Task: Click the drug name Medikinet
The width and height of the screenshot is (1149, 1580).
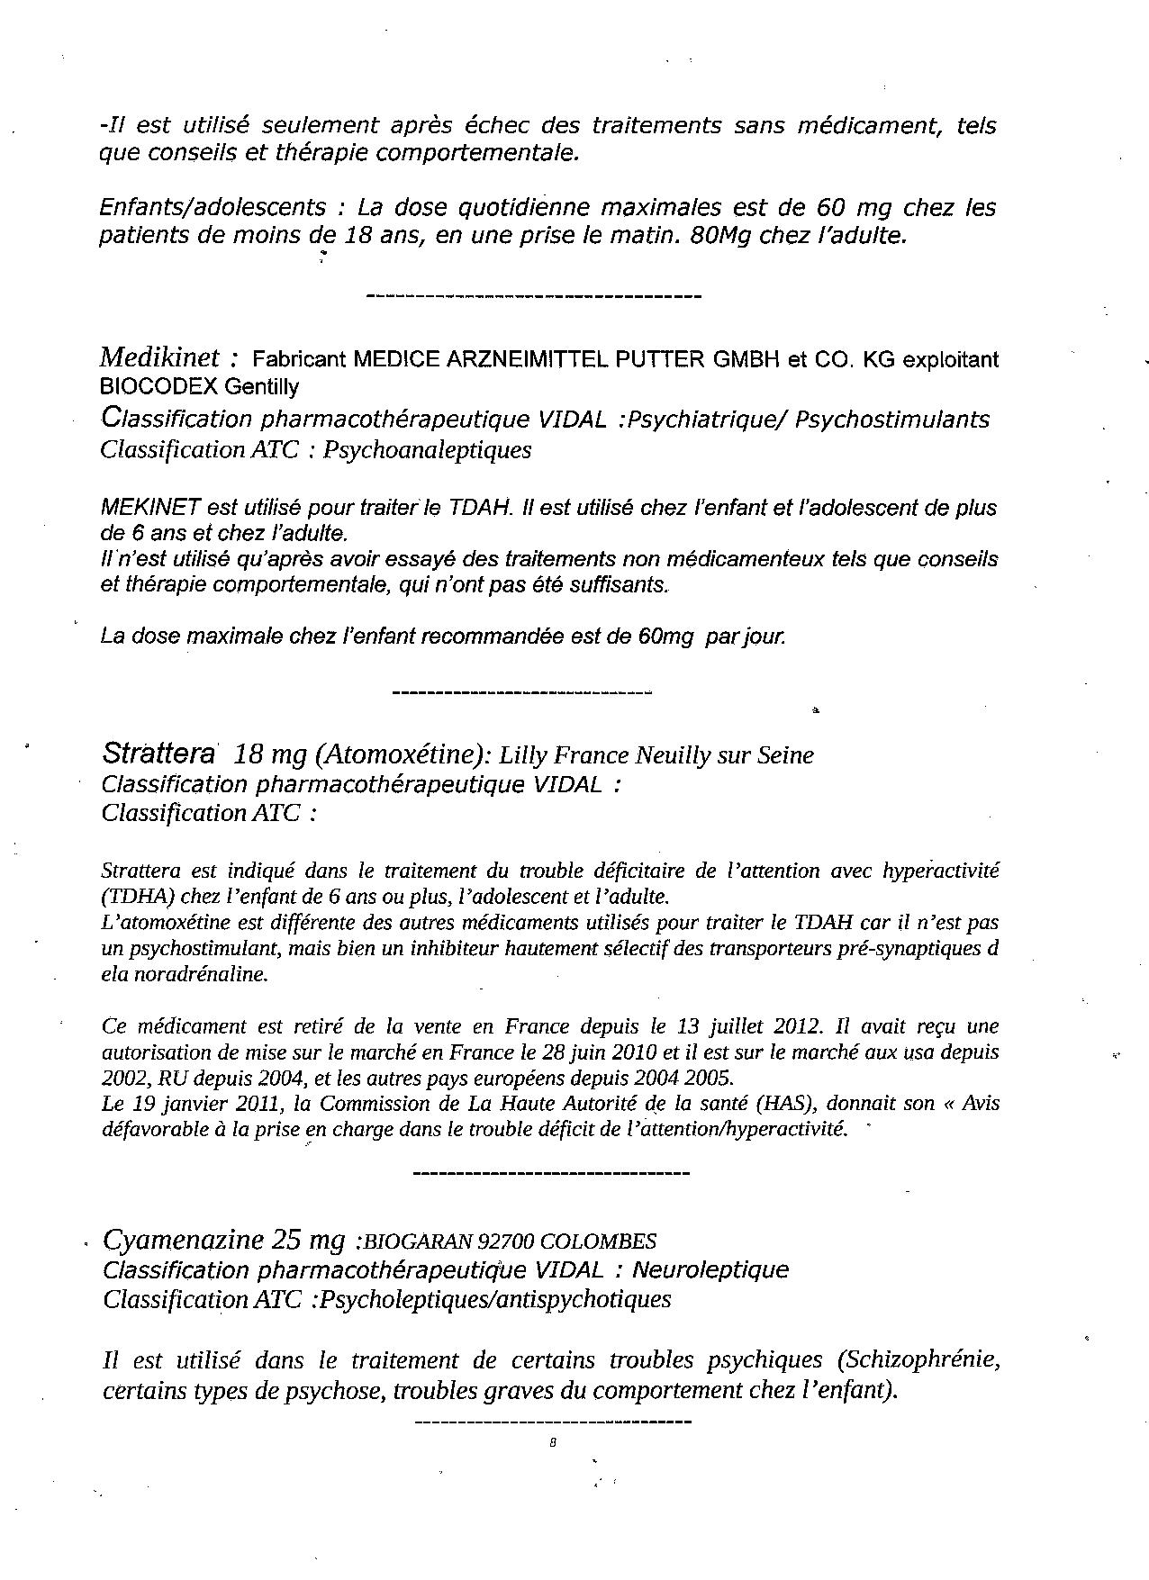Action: (158, 358)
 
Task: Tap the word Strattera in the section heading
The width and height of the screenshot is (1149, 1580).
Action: (158, 754)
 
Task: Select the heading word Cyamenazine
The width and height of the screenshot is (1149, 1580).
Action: (180, 1241)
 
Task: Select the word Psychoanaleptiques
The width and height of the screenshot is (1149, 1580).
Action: (427, 449)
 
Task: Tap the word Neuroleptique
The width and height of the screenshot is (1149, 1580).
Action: (710, 1270)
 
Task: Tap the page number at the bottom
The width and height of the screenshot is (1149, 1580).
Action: (552, 1442)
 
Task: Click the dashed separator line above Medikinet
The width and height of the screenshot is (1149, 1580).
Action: (535, 296)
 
